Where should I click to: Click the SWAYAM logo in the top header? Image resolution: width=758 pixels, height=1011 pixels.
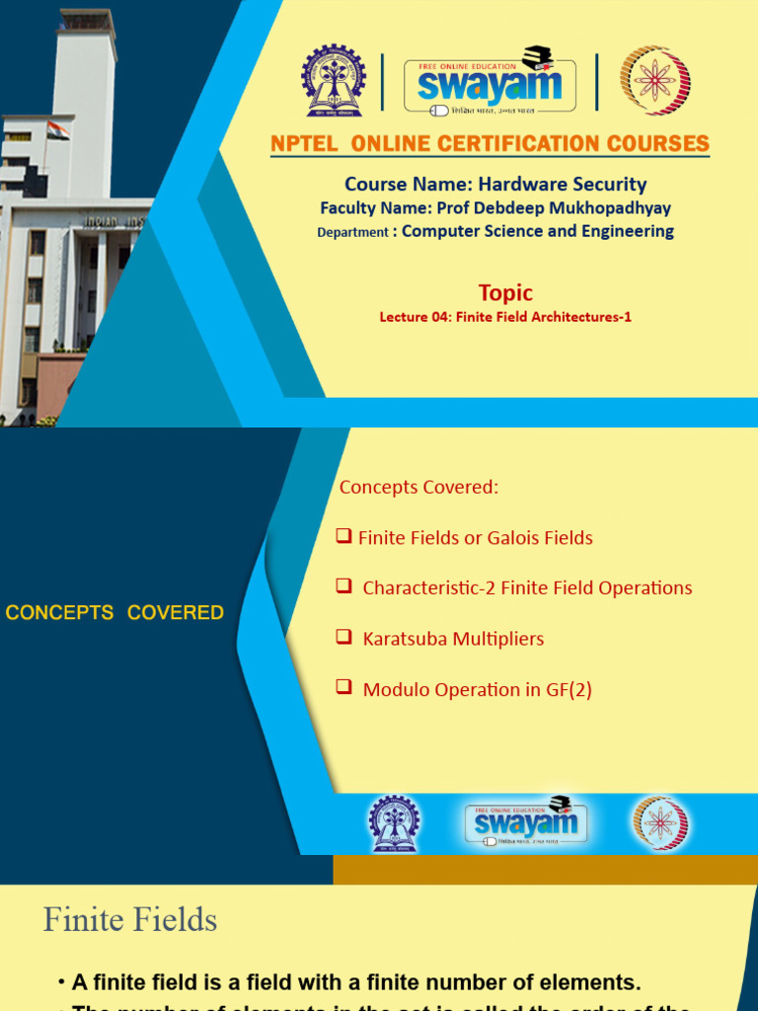[490, 80]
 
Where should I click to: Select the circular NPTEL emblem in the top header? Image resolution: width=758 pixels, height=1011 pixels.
[654, 80]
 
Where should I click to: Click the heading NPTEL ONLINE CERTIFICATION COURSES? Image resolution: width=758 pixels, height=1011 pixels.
[490, 143]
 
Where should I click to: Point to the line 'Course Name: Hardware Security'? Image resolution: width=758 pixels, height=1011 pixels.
[495, 184]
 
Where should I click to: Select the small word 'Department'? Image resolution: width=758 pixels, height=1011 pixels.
[352, 233]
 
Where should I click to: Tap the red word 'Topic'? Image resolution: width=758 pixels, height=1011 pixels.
[505, 292]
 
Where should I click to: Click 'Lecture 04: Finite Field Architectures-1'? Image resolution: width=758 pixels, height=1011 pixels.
[505, 317]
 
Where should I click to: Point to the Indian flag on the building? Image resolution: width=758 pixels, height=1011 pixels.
[57, 130]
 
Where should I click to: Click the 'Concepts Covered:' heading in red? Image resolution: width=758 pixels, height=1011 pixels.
[418, 488]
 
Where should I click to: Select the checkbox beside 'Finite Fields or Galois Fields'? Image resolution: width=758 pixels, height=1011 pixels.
[343, 536]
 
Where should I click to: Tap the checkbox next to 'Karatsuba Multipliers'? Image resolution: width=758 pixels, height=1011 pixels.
[343, 637]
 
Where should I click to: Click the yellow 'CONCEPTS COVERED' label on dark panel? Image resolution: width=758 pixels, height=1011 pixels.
[114, 613]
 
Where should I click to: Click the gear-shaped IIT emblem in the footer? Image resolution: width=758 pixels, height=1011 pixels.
[394, 823]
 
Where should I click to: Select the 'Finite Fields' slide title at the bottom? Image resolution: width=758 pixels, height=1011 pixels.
[130, 920]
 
